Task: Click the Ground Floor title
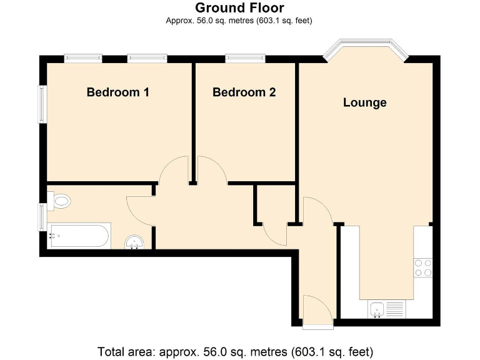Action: tap(239, 8)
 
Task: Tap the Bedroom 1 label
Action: tap(117, 92)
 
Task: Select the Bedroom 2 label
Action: tap(244, 92)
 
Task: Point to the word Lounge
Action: tap(364, 102)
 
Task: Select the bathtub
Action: tap(79, 236)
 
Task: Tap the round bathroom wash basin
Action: tap(134, 242)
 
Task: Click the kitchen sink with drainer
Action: tap(386, 309)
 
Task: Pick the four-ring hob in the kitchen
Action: tap(423, 267)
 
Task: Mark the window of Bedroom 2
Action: tap(244, 58)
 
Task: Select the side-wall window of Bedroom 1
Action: tap(42, 104)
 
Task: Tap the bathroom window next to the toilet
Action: tap(42, 216)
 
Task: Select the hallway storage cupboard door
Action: tap(274, 234)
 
